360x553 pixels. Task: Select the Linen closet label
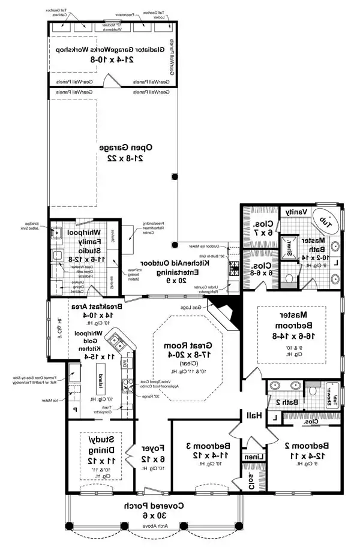251,457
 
